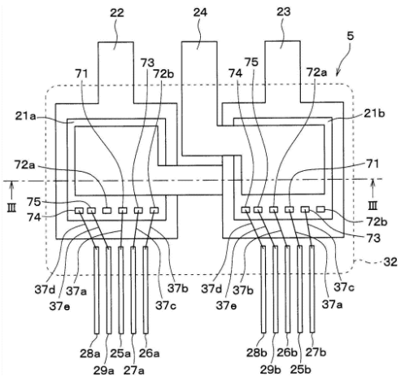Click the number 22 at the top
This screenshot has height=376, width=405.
point(117,13)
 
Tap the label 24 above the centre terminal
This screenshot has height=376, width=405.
point(200,12)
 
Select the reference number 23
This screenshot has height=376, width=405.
point(284,12)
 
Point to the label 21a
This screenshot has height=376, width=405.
point(25,116)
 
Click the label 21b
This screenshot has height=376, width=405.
point(374,113)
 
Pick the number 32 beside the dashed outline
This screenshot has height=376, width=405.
point(390,262)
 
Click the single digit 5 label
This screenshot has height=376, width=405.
point(351,36)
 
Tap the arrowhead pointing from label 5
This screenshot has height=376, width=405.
point(337,73)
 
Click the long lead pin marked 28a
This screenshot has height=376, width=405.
point(97,290)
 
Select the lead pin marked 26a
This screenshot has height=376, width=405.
point(146,290)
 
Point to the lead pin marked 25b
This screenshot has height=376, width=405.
point(300,289)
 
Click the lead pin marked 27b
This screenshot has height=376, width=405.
point(312,289)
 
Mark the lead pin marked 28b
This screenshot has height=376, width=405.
point(263,289)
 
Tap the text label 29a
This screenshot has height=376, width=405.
point(104,370)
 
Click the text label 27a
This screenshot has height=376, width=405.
point(134,370)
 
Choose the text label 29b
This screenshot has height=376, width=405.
point(271,369)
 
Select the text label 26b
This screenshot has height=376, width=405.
point(287,352)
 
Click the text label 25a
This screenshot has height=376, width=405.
point(120,353)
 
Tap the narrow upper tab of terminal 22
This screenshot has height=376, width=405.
point(115,72)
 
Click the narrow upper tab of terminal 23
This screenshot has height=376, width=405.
point(282,72)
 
